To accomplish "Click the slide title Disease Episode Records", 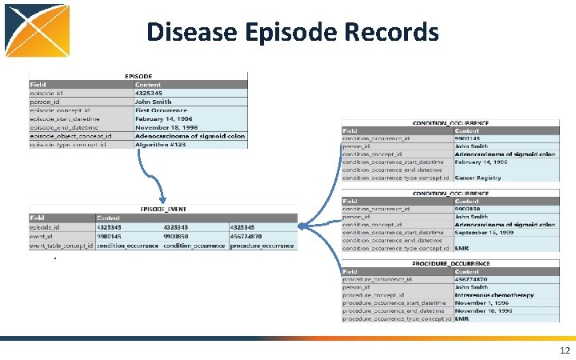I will click(293, 32).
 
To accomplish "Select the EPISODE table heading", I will click(138, 76).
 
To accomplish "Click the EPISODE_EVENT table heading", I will click(162, 209).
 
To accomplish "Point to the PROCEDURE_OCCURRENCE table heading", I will click(450, 263).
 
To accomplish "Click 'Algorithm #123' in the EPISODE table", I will click(161, 144).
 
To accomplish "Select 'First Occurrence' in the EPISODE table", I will click(162, 110).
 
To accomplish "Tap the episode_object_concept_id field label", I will click(70, 136).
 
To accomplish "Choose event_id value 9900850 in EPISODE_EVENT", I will click(178, 237).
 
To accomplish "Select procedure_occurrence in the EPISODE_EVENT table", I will click(262, 246).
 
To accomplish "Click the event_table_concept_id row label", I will click(62, 246).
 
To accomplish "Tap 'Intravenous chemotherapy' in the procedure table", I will click(494, 295).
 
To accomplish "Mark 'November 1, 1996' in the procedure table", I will click(484, 303).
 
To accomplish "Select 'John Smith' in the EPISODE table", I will click(153, 102).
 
